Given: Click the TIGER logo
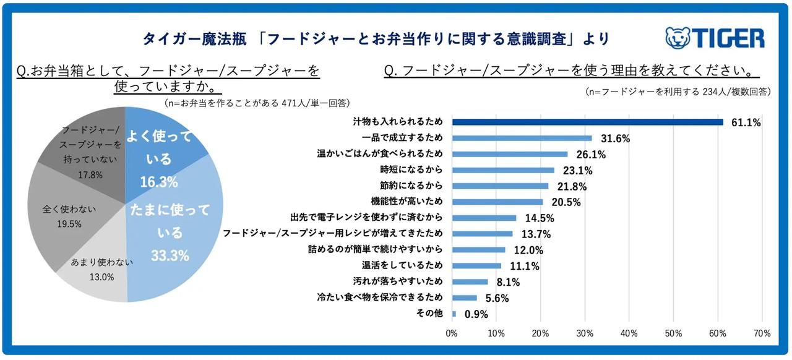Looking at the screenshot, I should coord(715,38).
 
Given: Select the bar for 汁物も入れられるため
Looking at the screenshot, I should coord(587,122).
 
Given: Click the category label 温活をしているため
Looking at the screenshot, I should coord(402,265).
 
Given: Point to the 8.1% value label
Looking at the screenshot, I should coord(507,282).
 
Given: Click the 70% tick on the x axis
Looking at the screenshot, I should coord(762,333).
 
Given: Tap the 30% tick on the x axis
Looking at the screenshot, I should coord(585,333).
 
